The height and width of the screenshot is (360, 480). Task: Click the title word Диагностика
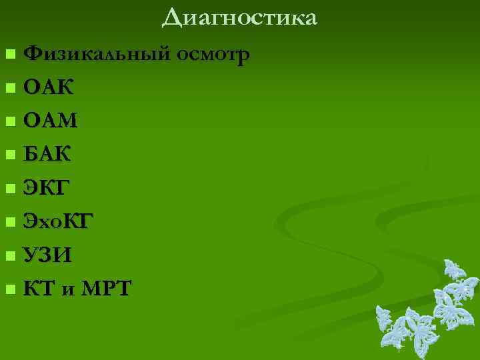(239, 17)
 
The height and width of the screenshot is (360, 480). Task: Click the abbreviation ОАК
(49, 87)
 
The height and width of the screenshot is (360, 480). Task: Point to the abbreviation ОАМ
(51, 121)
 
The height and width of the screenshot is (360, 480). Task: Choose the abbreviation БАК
(48, 155)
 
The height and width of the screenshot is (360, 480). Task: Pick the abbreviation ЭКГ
(45, 188)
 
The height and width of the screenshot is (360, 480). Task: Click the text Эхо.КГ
(54, 221)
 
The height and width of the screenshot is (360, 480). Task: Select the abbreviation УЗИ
(47, 255)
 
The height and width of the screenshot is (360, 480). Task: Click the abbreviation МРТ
(107, 289)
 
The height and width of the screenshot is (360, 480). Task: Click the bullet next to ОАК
(9, 87)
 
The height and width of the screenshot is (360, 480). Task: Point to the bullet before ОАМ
(9, 121)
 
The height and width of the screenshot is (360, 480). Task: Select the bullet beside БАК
(9, 155)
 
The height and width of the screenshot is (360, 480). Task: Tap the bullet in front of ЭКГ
(9, 189)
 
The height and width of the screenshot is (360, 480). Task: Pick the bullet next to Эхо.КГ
(9, 222)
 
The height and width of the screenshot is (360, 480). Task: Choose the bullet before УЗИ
(9, 256)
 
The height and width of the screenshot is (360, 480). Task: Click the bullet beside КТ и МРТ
(9, 289)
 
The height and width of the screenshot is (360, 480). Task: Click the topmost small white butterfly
(454, 270)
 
